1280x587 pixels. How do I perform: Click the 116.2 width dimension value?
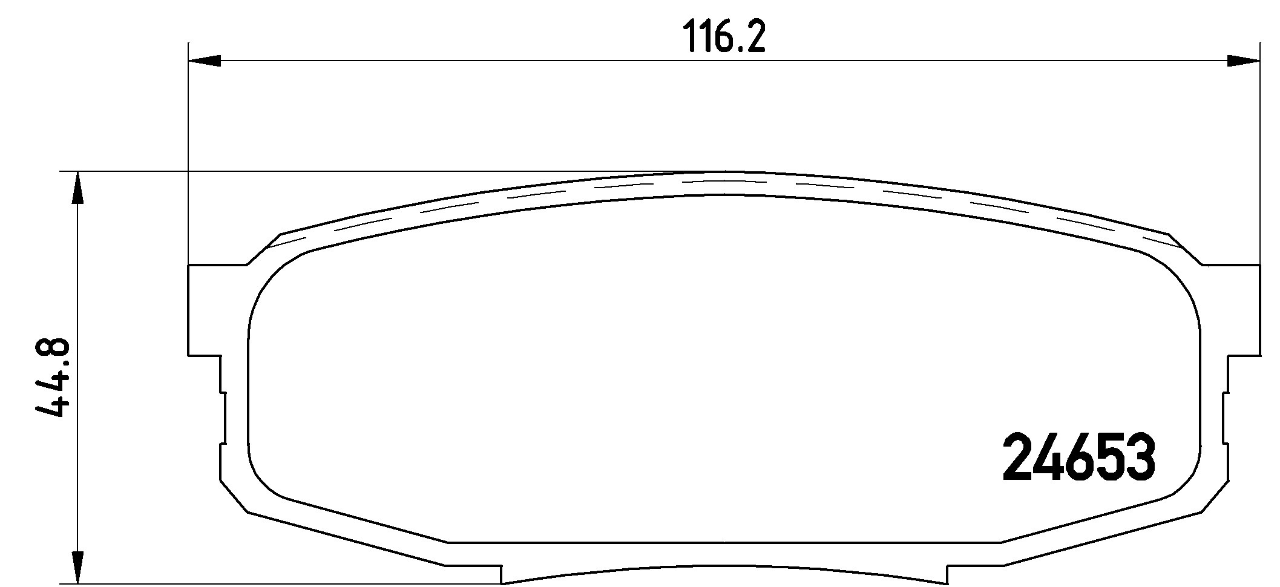click(724, 38)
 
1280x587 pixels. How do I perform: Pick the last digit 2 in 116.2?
click(754, 38)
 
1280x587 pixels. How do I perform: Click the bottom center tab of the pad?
click(723, 576)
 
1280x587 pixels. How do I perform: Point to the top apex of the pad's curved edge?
click(723, 173)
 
